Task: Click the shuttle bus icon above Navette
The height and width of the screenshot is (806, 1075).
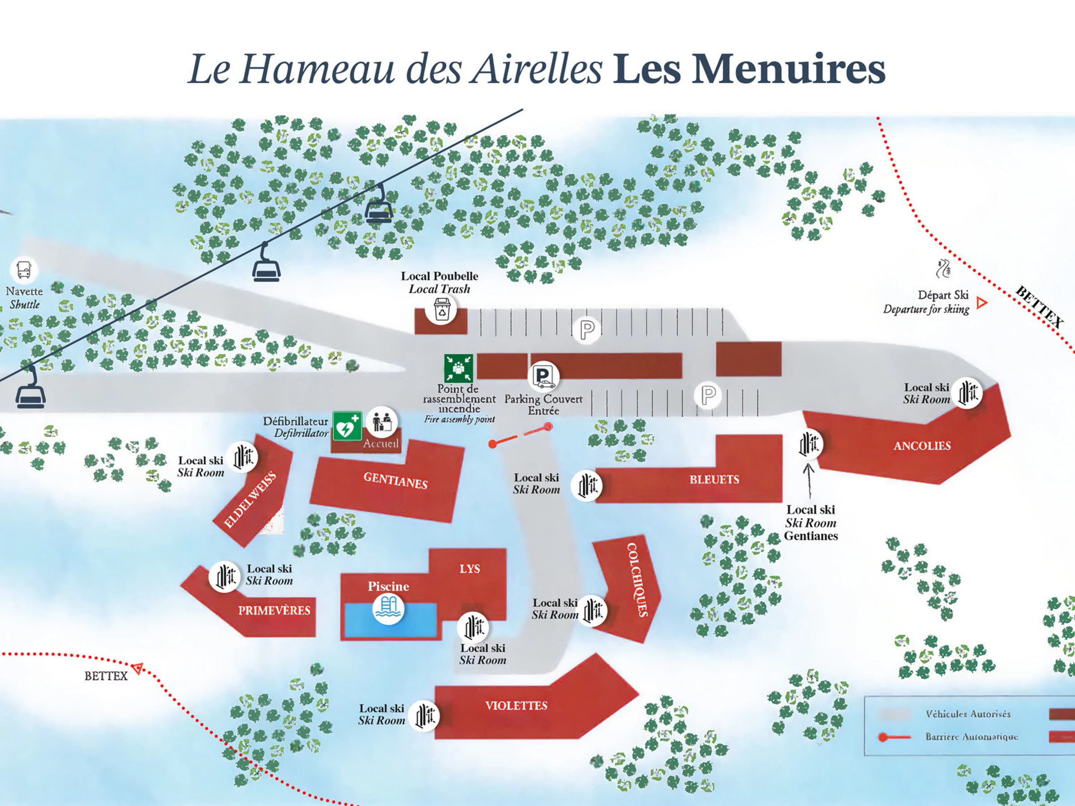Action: coord(23,269)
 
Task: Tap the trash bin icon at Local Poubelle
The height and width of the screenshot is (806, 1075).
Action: coord(441,309)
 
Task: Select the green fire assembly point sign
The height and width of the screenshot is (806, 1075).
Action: coord(458,368)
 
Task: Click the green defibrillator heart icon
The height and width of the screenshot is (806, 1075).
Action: coord(347,427)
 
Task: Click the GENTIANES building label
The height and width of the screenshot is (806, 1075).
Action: coord(396,480)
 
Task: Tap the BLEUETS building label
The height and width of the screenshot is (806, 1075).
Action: coord(714,480)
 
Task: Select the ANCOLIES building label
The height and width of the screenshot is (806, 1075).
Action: coord(922,446)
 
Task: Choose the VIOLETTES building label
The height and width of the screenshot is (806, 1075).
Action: coord(516,705)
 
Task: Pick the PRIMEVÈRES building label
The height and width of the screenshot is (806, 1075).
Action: coord(274,610)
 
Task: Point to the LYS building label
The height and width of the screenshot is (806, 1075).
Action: coord(469,568)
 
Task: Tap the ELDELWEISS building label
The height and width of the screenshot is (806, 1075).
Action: coord(250,500)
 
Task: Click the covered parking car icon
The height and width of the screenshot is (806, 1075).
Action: coord(544,377)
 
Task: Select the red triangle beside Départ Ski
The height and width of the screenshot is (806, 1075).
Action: coord(982,303)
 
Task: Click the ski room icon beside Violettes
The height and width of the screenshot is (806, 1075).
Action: coord(424,716)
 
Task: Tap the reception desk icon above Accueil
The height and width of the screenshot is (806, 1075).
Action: coord(382,422)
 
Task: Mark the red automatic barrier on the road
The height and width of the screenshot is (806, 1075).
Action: coord(520,435)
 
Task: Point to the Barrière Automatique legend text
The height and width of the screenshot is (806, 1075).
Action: coord(971,737)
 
